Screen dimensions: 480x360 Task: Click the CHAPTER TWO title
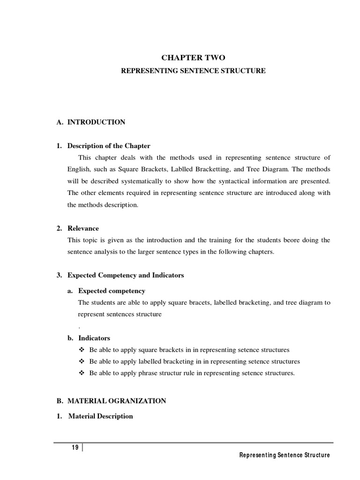pos(193,58)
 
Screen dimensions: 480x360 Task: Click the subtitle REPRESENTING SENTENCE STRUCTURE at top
pos(193,71)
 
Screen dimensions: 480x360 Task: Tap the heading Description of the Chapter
pos(109,146)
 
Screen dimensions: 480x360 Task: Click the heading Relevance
pos(83,228)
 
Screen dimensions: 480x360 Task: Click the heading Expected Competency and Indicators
pos(126,275)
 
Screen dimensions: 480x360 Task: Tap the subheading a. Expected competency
pos(112,291)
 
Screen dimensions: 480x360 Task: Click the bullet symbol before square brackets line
pos(82,350)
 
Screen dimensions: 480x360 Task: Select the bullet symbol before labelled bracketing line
pos(82,361)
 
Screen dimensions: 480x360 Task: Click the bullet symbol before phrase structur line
pos(82,373)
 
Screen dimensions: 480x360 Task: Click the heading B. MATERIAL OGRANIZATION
pos(117,401)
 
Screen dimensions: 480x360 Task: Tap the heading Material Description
pos(100,416)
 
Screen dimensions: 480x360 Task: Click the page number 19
pos(75,447)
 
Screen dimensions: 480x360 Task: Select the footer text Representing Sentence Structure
pos(284,455)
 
